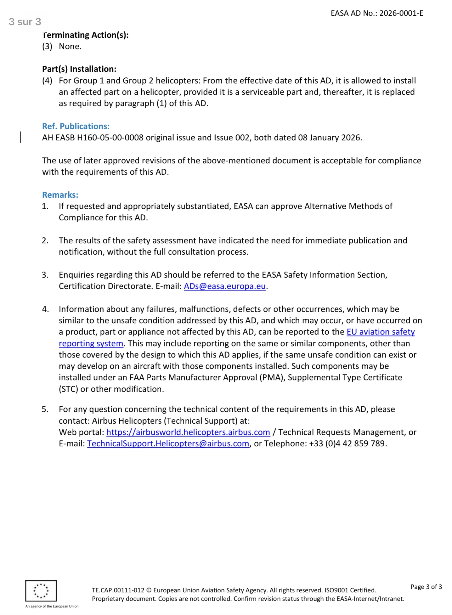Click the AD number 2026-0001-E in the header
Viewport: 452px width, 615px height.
point(401,13)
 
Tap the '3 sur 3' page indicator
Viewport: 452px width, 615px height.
point(25,22)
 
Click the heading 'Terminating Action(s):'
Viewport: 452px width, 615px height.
point(85,35)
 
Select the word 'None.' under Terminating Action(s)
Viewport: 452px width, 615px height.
point(70,47)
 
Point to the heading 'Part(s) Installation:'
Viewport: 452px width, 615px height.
point(79,69)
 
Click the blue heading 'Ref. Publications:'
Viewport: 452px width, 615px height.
point(76,126)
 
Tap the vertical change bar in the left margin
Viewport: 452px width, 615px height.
point(21,138)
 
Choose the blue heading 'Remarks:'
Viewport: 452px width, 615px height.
point(60,195)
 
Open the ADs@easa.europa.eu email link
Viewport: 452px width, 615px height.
point(225,286)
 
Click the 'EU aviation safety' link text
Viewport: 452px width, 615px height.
point(381,332)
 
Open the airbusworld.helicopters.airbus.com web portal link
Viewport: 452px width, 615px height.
point(188,432)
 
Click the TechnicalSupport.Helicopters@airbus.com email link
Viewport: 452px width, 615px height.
point(168,444)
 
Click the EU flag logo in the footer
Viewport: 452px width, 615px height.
point(41,591)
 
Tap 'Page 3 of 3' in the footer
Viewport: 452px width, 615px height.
point(426,587)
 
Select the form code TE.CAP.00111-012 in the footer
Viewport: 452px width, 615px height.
point(118,590)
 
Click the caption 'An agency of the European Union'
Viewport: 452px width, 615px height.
point(52,607)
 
